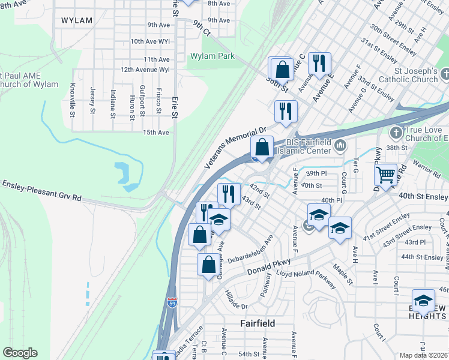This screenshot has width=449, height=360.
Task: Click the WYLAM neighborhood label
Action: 77,20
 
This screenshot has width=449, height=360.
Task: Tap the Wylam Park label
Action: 212,56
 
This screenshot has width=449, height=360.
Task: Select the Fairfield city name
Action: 258,323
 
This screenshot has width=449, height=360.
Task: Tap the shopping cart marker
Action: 386,175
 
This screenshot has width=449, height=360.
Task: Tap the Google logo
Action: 20,352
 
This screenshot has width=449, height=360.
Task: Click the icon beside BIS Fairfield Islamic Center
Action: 340,145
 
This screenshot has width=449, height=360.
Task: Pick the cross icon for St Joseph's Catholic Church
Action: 445,74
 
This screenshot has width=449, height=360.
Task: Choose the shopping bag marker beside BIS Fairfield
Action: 262,147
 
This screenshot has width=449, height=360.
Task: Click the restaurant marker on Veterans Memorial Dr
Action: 286,111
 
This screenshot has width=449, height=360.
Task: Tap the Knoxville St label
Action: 73,99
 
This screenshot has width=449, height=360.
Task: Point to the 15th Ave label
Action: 155,132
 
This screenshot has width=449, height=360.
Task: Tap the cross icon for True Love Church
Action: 396,132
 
